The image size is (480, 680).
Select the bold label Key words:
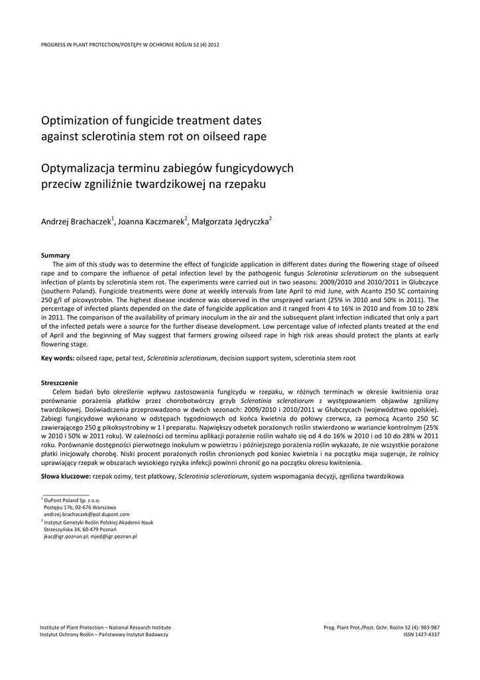(x=58, y=358)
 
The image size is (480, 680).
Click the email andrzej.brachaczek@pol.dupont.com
(x=86, y=514)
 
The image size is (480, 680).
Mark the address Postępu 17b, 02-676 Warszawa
(x=79, y=507)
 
